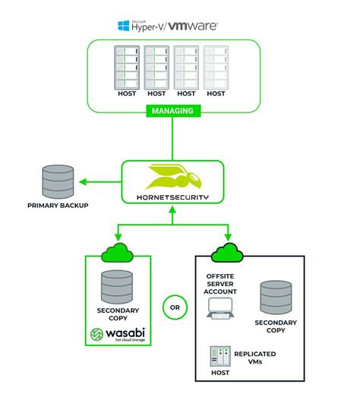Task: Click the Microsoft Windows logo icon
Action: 124,26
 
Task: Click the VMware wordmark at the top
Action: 193,26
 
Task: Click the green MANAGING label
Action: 172,111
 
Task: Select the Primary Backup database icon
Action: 58,181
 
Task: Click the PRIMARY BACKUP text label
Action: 58,205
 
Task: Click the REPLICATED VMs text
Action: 254,358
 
